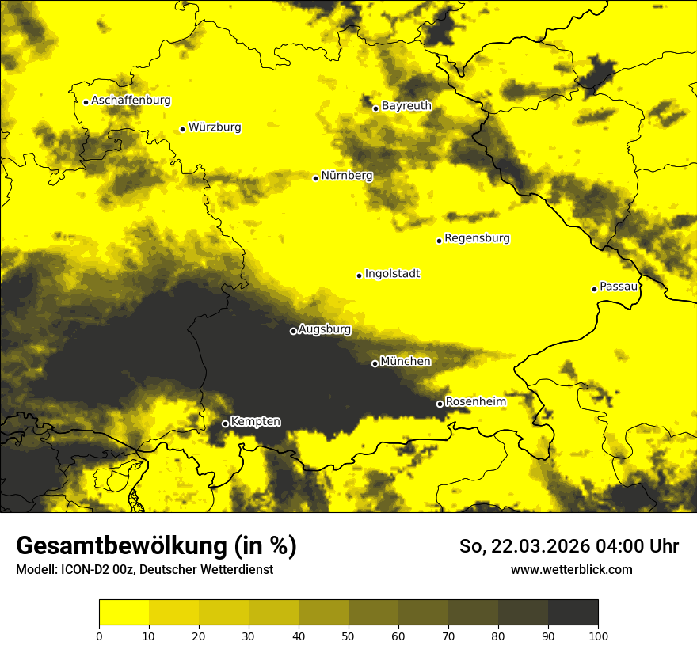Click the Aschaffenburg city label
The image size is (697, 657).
pyautogui.click(x=131, y=101)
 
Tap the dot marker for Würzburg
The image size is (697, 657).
pyautogui.click(x=182, y=129)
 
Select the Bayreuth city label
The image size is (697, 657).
pyautogui.click(x=406, y=105)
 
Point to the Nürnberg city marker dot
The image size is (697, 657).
pyautogui.click(x=315, y=178)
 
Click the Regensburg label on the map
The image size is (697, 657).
pyautogui.click(x=477, y=238)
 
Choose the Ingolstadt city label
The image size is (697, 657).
pyautogui.click(x=392, y=274)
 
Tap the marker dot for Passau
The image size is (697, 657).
pyautogui.click(x=594, y=289)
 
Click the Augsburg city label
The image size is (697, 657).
pyautogui.click(x=324, y=329)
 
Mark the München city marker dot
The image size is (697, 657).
pyautogui.click(x=375, y=363)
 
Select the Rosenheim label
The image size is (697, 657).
pyautogui.click(x=475, y=402)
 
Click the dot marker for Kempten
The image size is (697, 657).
pyautogui.click(x=225, y=423)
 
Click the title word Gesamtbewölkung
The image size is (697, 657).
pyautogui.click(x=123, y=546)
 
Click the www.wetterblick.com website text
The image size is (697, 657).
pyautogui.click(x=571, y=569)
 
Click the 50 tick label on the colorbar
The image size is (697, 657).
pyautogui.click(x=348, y=636)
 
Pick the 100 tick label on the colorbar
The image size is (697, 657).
pyautogui.click(x=598, y=636)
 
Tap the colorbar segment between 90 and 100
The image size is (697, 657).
pyautogui.click(x=573, y=613)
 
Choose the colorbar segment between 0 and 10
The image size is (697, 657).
pyautogui.click(x=124, y=613)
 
